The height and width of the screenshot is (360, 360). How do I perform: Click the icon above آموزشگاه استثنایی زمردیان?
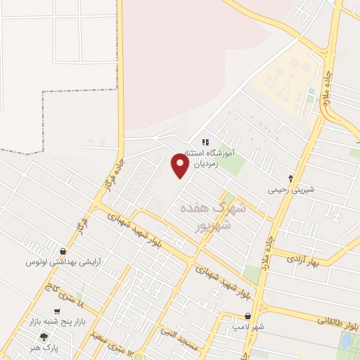coord(205,142)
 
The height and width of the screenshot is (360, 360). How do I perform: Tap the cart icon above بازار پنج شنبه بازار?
coord(58,311)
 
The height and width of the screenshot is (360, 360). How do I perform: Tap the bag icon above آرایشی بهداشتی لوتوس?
coord(63,251)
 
